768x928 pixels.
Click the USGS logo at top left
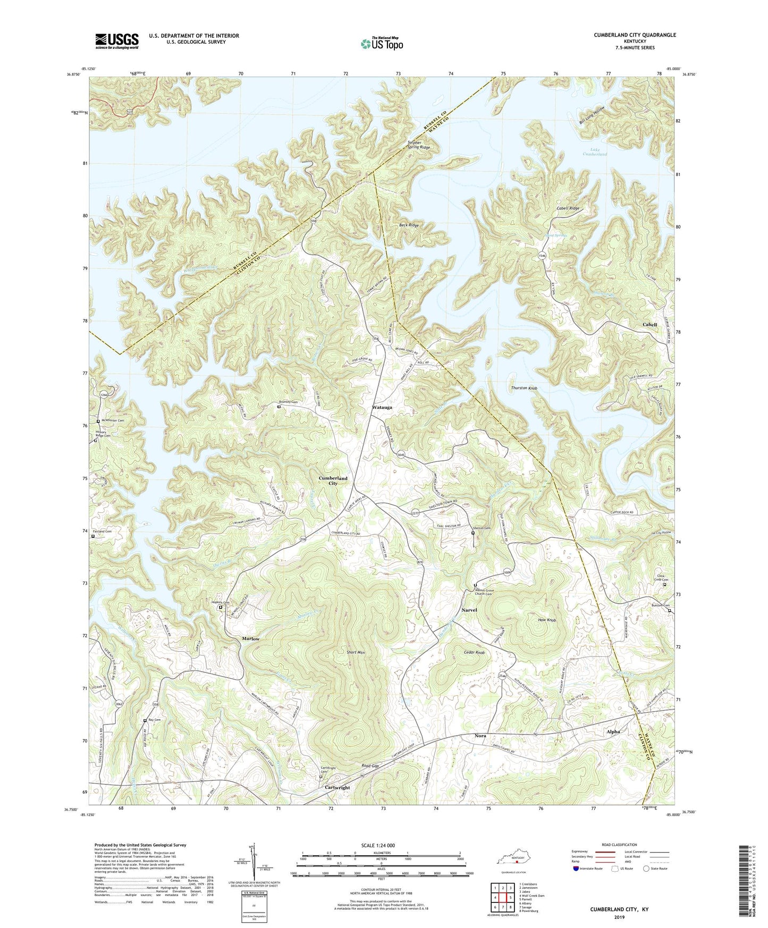point(117,41)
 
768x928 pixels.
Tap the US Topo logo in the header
point(381,44)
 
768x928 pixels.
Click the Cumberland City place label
point(333,480)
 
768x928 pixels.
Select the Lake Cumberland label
point(595,151)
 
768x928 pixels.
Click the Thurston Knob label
point(524,389)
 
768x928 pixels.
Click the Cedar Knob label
point(474,652)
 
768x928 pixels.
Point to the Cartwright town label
point(337,788)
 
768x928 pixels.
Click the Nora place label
point(480,736)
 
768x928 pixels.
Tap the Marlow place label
point(251,638)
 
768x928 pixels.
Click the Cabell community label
point(649,324)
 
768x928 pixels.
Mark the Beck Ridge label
point(409,225)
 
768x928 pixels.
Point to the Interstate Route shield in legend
point(577,868)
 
